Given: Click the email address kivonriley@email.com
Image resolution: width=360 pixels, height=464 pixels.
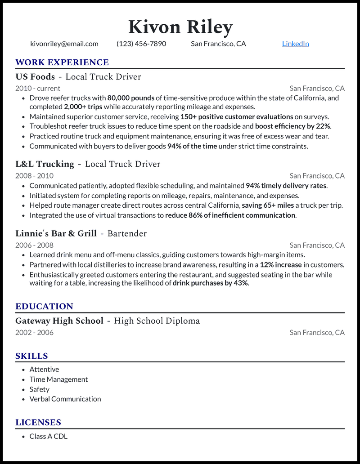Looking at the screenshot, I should point(64,44).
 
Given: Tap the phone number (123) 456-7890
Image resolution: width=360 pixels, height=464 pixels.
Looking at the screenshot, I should point(141,44).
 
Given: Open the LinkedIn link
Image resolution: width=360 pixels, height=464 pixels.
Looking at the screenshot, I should point(295,44).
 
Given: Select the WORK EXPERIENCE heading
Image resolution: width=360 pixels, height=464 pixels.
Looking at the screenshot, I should point(62,62).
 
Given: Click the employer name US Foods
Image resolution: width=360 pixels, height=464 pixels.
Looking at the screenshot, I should point(35,77).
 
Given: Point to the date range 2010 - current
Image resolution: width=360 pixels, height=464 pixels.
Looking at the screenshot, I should point(38,89).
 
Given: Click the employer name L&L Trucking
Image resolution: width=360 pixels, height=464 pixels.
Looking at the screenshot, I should point(45,164).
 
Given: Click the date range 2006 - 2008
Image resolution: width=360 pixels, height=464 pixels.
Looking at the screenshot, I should point(34,245).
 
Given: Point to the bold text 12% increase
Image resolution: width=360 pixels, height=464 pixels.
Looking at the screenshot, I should point(281,265).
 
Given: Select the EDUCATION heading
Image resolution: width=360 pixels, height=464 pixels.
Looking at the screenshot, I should point(44,307).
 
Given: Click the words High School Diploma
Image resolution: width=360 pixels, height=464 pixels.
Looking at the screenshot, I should point(157,321).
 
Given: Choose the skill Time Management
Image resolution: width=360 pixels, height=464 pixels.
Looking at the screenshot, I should point(58,379).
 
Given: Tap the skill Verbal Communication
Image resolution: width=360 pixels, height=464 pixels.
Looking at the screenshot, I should point(65,399).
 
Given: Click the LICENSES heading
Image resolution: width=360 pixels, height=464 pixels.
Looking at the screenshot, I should point(38,423).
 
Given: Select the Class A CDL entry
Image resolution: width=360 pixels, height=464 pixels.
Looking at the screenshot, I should point(49,436).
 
